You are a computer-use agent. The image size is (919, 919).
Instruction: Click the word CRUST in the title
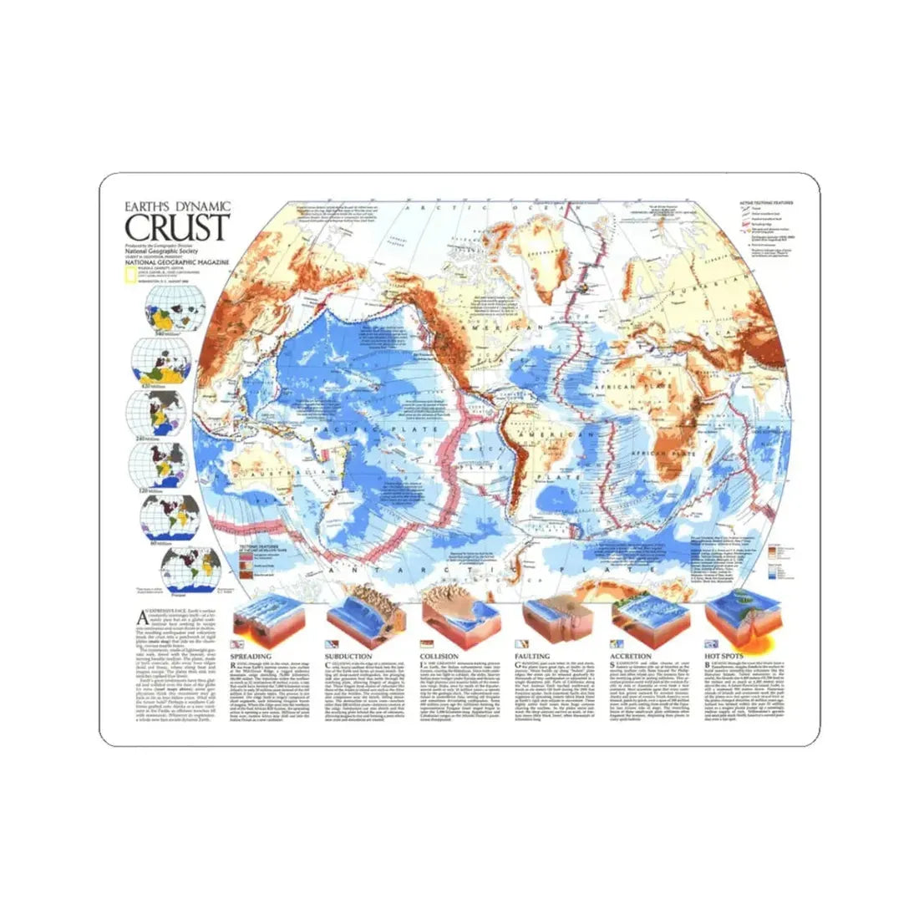[x=177, y=226]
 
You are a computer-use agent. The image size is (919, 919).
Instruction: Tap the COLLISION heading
[x=439, y=657]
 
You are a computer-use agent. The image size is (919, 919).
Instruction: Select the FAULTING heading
[x=536, y=657]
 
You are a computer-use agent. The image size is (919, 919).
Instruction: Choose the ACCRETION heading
[x=631, y=657]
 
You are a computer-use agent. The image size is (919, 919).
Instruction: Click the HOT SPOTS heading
[x=724, y=657]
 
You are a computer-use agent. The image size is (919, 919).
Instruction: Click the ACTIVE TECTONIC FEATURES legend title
[x=760, y=203]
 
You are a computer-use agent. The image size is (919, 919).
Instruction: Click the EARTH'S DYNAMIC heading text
[x=177, y=206]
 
